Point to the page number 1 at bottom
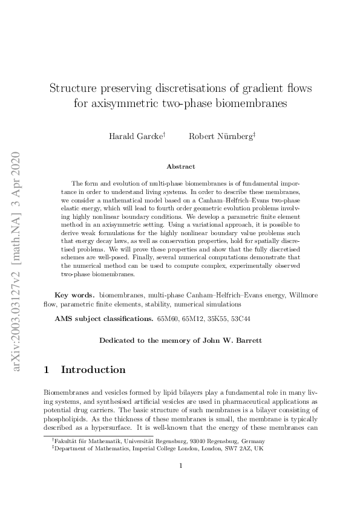pyautogui.click(x=180, y=482)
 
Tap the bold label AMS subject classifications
pyautogui.click(x=103, y=318)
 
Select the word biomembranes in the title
pyautogui.click(x=252, y=103)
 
